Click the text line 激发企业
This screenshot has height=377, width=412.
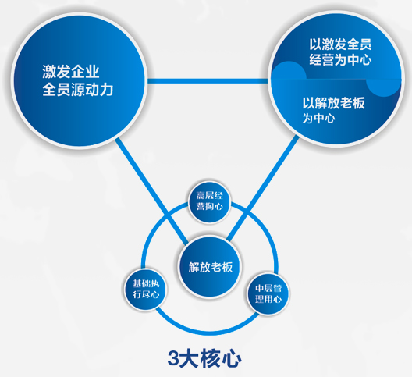71,72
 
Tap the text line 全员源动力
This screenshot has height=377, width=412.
78,90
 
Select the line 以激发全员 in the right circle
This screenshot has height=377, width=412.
340,44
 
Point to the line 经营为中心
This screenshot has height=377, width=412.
340,59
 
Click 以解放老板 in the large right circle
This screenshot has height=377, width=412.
334,103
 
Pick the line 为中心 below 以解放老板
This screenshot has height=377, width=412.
318,118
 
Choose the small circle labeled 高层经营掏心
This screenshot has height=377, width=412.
209,201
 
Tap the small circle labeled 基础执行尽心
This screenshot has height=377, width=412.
146,290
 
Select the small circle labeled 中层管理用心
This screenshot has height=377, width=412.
268,293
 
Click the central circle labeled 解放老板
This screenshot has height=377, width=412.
210,267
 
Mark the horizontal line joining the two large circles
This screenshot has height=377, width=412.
208,81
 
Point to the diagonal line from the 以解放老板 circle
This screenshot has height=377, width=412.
263,188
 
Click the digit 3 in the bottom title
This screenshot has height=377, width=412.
174,358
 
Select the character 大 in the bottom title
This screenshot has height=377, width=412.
189,358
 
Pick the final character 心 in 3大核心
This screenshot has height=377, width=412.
232,358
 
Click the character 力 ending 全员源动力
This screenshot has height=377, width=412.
106,90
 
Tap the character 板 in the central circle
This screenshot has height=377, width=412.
227,267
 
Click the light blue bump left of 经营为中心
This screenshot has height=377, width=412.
289,70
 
